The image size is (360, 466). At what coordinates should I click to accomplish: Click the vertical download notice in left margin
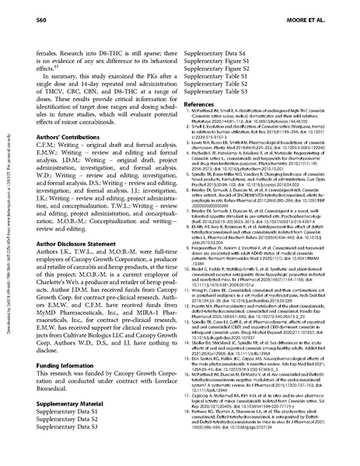9,233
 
